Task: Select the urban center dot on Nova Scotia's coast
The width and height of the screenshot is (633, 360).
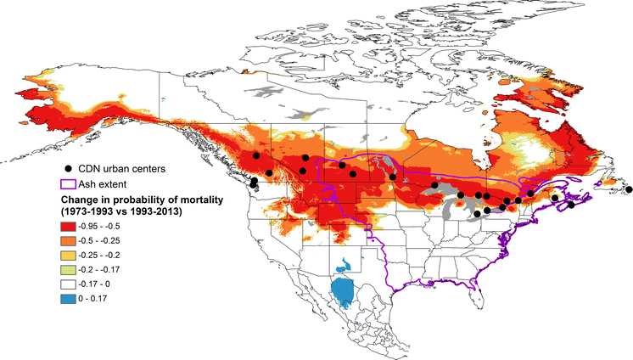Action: click(572, 205)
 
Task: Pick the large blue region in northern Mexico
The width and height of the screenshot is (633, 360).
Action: click(345, 291)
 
